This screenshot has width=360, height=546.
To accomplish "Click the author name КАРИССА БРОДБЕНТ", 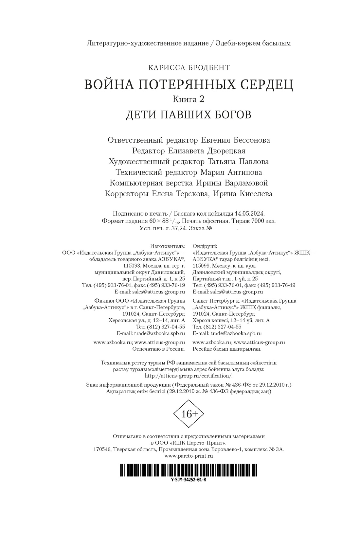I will point(189,68).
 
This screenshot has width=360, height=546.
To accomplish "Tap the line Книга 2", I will point(189,99).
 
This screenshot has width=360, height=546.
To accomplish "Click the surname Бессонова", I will point(252,140).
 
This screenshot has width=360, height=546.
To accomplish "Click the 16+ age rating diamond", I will point(189,414).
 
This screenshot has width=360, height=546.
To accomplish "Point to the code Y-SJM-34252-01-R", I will point(189,480).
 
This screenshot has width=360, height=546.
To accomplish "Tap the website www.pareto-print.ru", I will point(189,456).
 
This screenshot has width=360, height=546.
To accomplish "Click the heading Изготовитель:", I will point(168,246).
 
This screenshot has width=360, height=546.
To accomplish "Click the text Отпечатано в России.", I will point(158,349).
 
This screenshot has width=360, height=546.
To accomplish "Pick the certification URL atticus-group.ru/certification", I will point(189,376).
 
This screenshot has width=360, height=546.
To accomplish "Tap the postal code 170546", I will point(102,449).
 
